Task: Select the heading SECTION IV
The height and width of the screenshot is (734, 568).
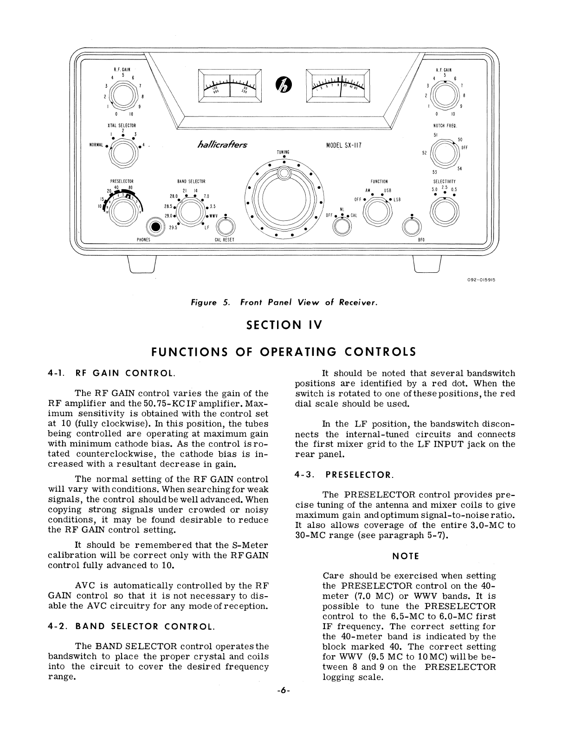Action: click(284, 324)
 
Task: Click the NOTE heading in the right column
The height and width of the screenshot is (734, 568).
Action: click(405, 556)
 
